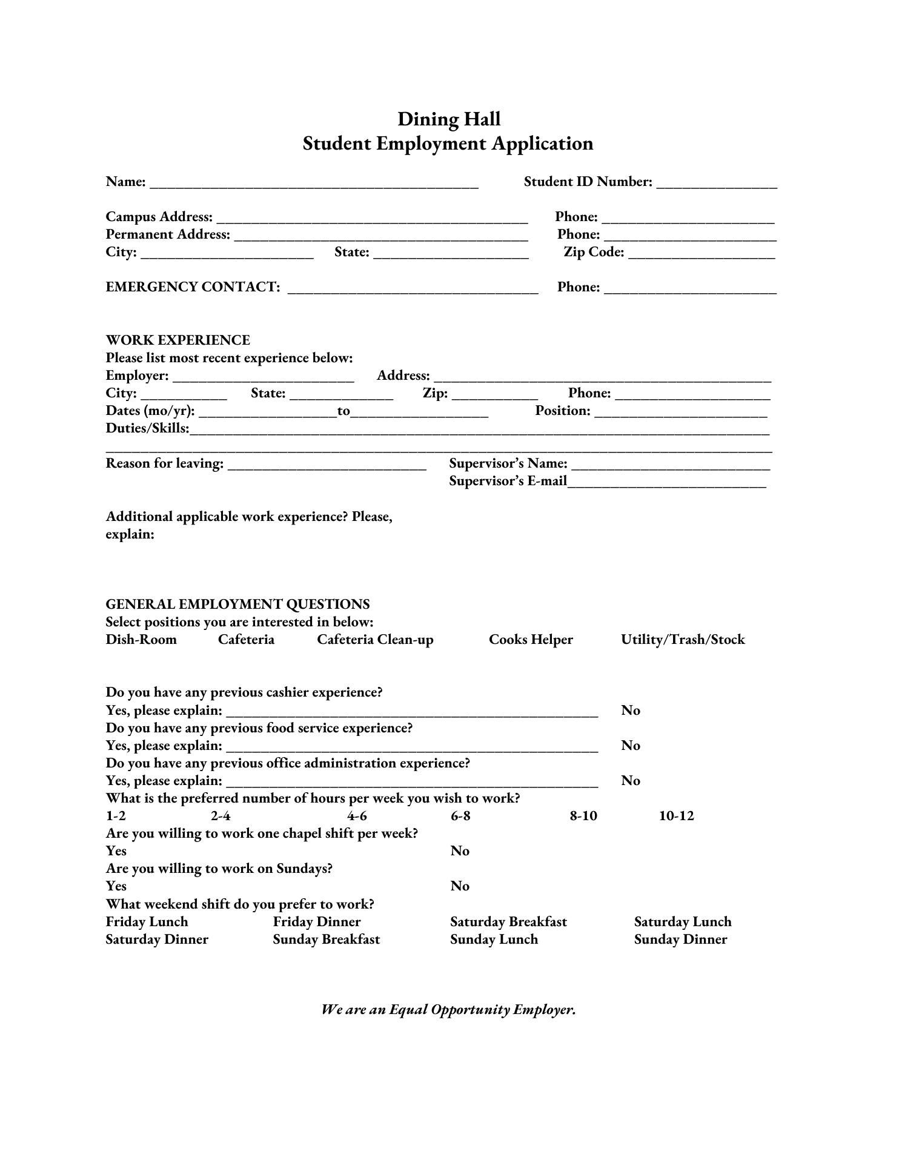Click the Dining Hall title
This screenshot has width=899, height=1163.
449,119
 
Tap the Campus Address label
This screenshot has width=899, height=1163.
159,217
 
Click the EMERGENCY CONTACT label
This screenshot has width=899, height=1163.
193,287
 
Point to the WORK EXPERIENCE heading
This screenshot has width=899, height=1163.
177,340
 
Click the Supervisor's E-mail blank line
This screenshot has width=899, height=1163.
666,483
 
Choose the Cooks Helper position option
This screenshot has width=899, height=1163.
531,640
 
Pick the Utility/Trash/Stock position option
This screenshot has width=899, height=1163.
683,640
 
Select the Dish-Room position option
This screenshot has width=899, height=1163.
141,640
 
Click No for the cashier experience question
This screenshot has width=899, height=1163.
630,711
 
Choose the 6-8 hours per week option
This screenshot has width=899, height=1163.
460,816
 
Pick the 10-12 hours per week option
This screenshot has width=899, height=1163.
676,816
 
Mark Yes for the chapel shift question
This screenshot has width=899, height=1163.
116,851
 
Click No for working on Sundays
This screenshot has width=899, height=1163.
460,886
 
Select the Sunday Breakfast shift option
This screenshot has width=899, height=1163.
326,939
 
